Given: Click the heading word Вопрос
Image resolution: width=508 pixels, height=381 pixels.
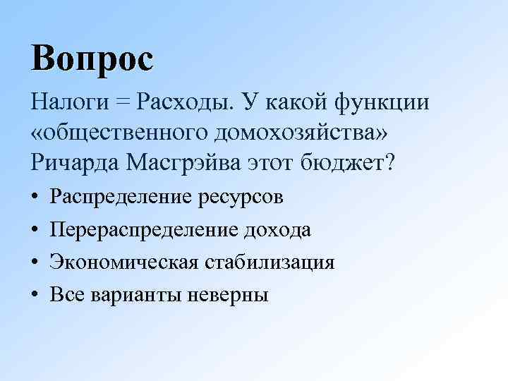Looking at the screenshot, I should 92,58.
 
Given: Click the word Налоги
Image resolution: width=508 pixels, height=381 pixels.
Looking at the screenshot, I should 67,103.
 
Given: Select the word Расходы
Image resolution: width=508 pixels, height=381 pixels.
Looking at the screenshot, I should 186,103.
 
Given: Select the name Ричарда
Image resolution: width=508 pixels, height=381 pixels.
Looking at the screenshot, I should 77,164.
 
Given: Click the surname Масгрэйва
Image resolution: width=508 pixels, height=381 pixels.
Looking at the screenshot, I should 186,164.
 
